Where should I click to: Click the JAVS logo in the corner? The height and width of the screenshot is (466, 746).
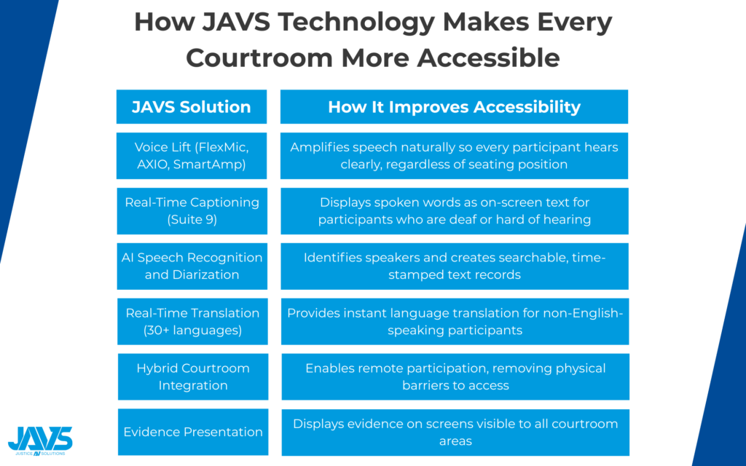click(40, 440)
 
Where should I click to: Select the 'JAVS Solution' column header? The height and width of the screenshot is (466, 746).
click(192, 107)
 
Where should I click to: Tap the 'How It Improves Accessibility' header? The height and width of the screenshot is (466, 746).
click(454, 107)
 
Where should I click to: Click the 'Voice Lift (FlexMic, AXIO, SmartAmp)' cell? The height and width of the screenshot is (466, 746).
click(192, 156)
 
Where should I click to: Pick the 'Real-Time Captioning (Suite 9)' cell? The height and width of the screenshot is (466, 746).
click(192, 211)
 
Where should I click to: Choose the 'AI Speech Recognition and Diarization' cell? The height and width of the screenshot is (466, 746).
click(192, 266)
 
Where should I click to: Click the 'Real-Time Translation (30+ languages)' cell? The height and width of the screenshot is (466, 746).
click(192, 322)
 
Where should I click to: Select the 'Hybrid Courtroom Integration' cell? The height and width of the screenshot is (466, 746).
click(192, 377)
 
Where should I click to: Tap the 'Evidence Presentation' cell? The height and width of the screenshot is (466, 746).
click(192, 432)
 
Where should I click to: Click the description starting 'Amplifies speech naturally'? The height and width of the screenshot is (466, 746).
click(454, 156)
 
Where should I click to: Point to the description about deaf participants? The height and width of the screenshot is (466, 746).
click(454, 211)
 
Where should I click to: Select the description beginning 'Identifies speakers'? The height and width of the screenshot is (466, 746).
click(454, 266)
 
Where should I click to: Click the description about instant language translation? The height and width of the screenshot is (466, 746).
click(454, 322)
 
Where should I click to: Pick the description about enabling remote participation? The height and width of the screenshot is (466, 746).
click(455, 377)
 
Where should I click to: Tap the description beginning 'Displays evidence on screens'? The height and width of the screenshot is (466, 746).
click(455, 432)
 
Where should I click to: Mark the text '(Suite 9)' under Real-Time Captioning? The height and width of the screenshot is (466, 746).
click(192, 219)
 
